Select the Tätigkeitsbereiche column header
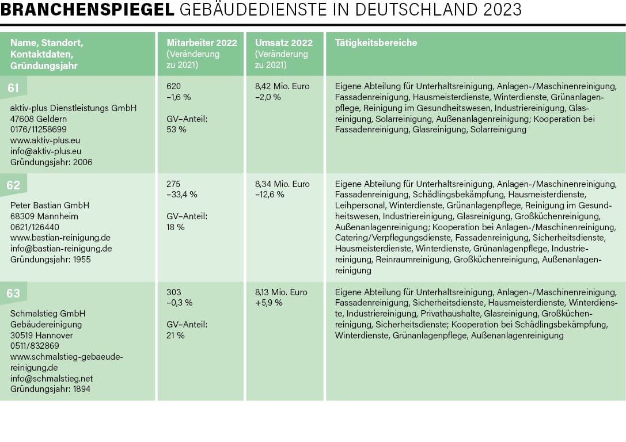375,43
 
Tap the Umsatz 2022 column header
284,43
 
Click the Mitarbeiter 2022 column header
202,43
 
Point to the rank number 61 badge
13,87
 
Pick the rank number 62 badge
13,185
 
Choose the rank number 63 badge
13,293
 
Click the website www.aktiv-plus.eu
45,140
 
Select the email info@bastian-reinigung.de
61,249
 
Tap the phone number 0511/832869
35,346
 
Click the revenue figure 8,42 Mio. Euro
282,86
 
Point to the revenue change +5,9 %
268,303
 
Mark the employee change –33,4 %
182,195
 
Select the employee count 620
173,86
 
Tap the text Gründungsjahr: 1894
51,389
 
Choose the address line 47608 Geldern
39,119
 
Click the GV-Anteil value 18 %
176,227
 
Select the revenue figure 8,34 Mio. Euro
282,184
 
